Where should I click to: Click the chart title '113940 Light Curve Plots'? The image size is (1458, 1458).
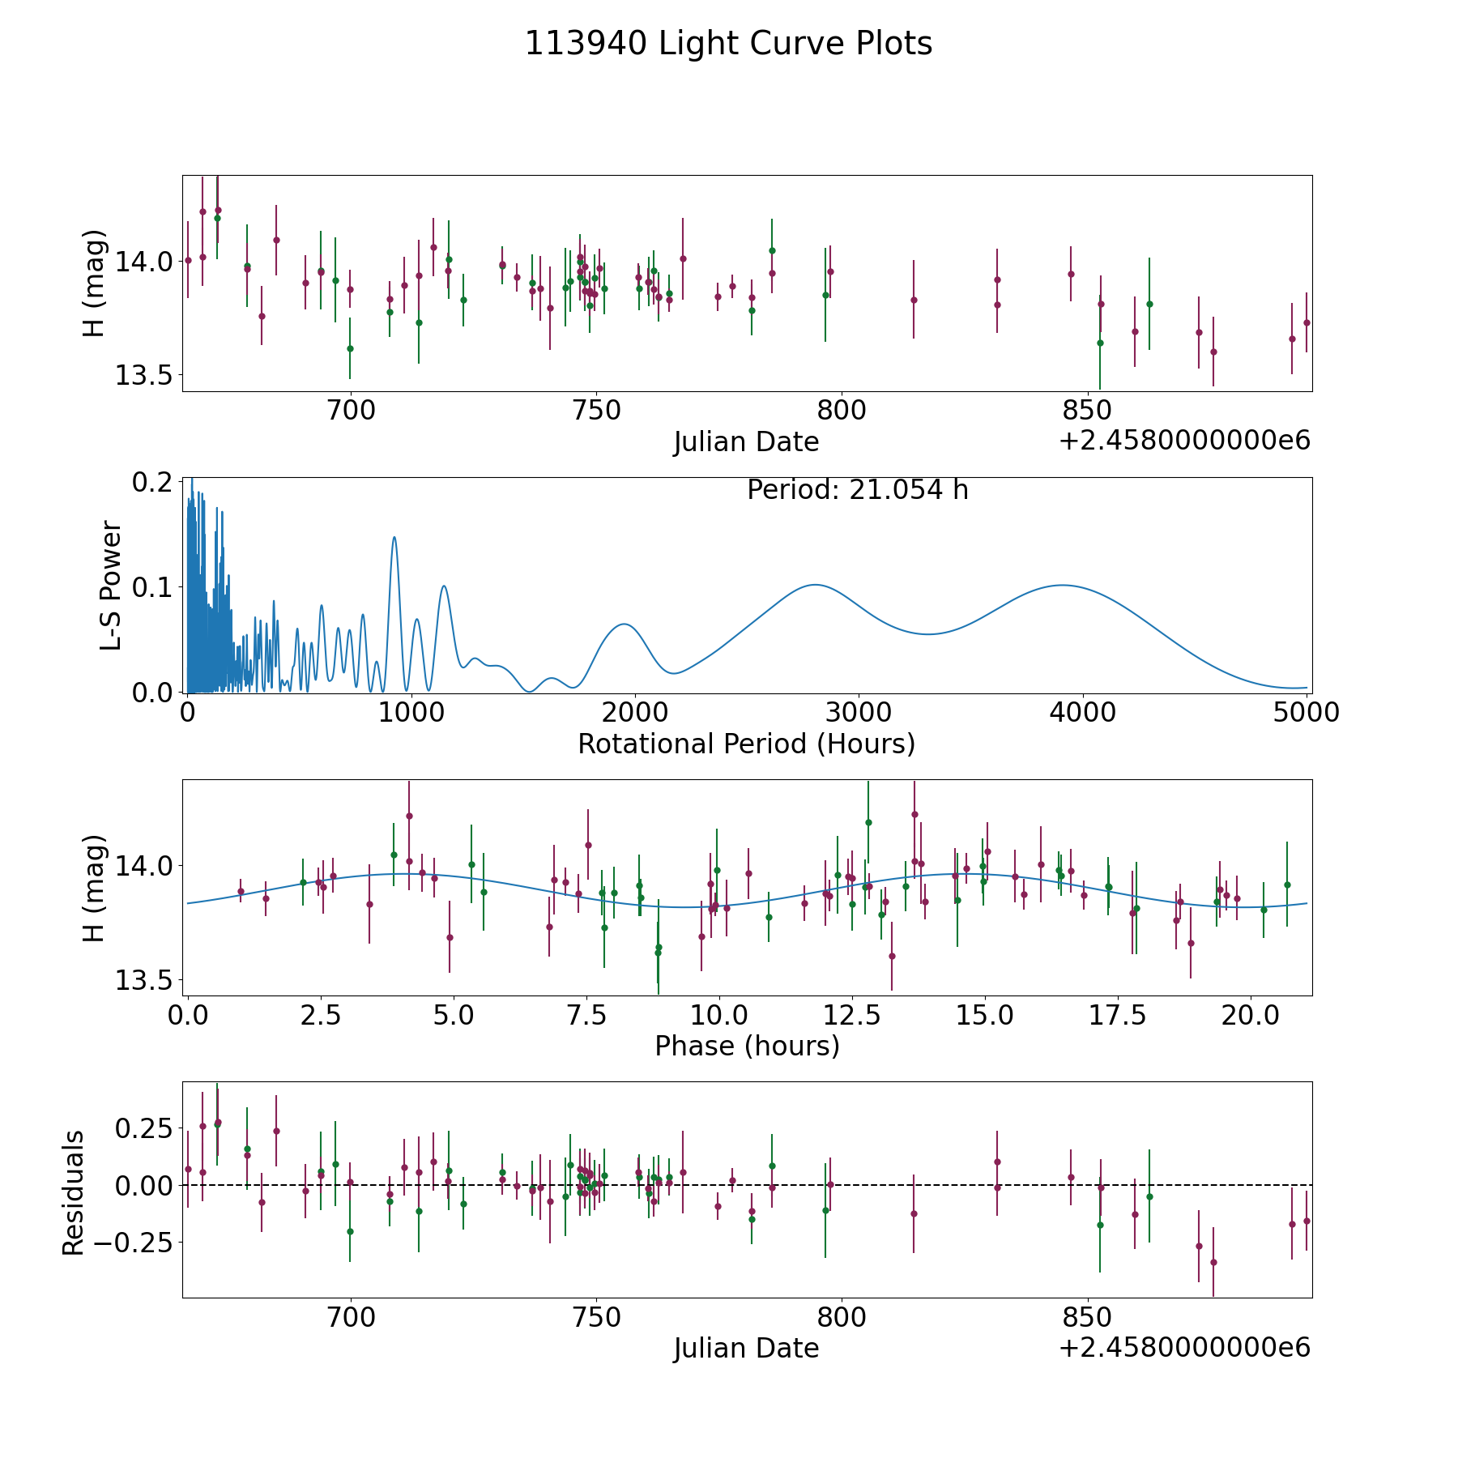coord(729,44)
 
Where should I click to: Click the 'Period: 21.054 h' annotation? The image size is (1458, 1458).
coord(858,490)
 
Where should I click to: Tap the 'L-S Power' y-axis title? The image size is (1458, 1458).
coord(111,585)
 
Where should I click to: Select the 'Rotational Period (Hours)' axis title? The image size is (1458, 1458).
coord(747,744)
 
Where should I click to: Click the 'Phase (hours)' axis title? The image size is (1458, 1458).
coord(747,1047)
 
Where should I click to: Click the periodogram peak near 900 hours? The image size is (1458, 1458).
coord(394,537)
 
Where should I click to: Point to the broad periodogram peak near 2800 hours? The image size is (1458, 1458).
coord(814,585)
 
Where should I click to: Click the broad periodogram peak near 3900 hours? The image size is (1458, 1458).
coord(1061,585)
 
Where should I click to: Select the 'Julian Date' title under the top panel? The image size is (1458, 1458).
coord(747,442)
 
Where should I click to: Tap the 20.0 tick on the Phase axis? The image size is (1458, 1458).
coord(1251,1015)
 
